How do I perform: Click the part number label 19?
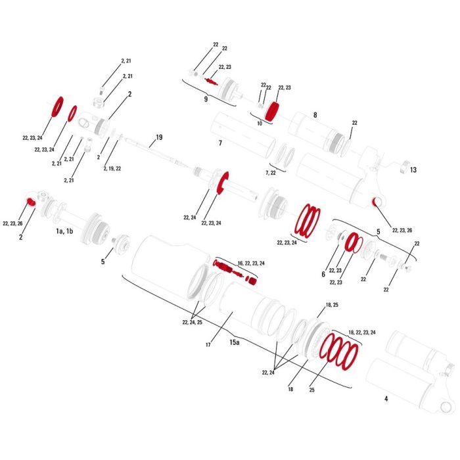[159, 137]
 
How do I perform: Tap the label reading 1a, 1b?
[64, 231]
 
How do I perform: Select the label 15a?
[235, 342]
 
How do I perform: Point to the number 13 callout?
[413, 170]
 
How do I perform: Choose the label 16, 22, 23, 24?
[251, 263]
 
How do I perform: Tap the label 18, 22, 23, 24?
[361, 333]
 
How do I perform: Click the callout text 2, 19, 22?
[112, 168]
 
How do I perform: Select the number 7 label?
[220, 143]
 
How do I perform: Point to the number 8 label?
[315, 115]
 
